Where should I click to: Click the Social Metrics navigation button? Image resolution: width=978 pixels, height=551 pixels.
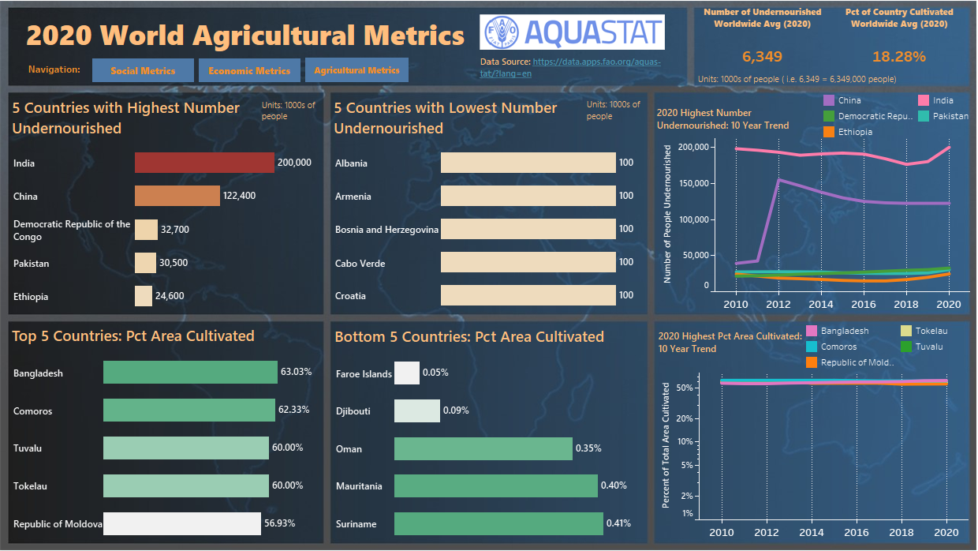[143, 70]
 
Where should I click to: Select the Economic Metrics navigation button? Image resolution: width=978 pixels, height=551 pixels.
[249, 70]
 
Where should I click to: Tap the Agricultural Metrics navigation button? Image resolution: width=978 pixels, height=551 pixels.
[356, 70]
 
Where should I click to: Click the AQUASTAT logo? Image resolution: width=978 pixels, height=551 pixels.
[572, 32]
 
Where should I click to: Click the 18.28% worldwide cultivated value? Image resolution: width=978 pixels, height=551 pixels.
[899, 57]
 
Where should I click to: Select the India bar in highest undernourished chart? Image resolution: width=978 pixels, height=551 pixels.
[204, 163]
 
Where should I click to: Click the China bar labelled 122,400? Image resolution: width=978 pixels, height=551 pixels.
[177, 196]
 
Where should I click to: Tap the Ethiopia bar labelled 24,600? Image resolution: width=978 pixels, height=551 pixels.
[144, 296]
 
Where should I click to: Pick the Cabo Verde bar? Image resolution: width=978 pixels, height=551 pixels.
[528, 262]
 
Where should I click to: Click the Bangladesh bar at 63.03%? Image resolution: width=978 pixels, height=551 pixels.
[190, 373]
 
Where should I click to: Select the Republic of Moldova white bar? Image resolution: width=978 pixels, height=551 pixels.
[181, 523]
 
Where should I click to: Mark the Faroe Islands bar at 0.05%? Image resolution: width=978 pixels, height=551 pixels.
[406, 373]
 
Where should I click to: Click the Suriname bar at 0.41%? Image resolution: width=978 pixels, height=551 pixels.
[498, 523]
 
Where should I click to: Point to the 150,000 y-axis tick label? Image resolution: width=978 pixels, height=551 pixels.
[689, 183]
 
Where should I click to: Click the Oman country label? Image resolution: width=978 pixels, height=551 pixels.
[349, 448]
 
